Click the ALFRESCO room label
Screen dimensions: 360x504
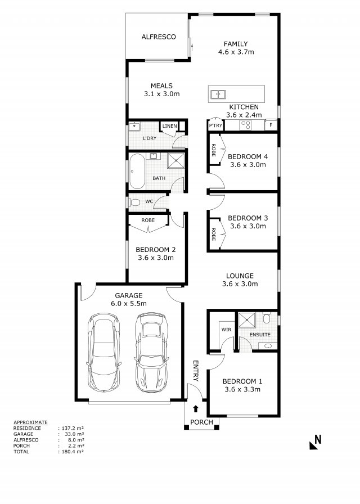(x=159, y=37)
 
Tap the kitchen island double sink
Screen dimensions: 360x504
(x=218, y=94)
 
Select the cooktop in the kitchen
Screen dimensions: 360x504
(x=246, y=125)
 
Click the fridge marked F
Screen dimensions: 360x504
(x=271, y=125)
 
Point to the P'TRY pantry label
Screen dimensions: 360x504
(x=215, y=125)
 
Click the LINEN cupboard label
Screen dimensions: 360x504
(x=169, y=126)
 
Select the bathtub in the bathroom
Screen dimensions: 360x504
(x=137, y=172)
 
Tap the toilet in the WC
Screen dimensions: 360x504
(x=134, y=202)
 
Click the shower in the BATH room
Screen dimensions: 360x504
(x=176, y=161)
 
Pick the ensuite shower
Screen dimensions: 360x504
(x=247, y=320)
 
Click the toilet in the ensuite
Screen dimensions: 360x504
(x=266, y=318)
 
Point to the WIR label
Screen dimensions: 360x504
(x=226, y=330)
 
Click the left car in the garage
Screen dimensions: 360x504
(x=103, y=352)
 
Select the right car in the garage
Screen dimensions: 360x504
(x=151, y=353)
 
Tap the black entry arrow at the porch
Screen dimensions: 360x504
(x=195, y=409)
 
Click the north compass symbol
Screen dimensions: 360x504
(x=316, y=442)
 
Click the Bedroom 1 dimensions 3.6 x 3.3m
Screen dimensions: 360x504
(x=242, y=390)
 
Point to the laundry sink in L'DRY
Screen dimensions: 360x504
(x=134, y=127)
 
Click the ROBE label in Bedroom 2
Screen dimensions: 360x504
(x=148, y=220)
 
